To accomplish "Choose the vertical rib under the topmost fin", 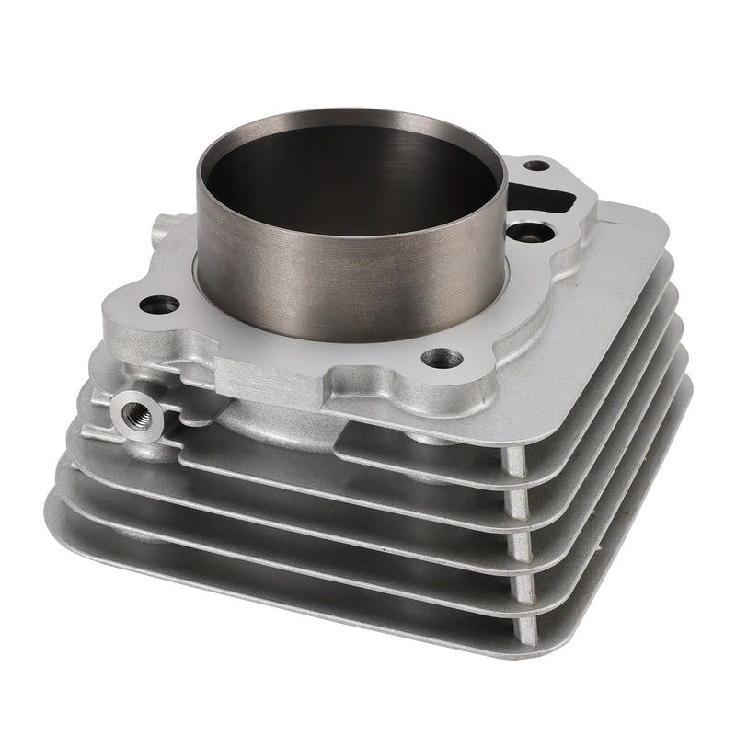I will (517, 466).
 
